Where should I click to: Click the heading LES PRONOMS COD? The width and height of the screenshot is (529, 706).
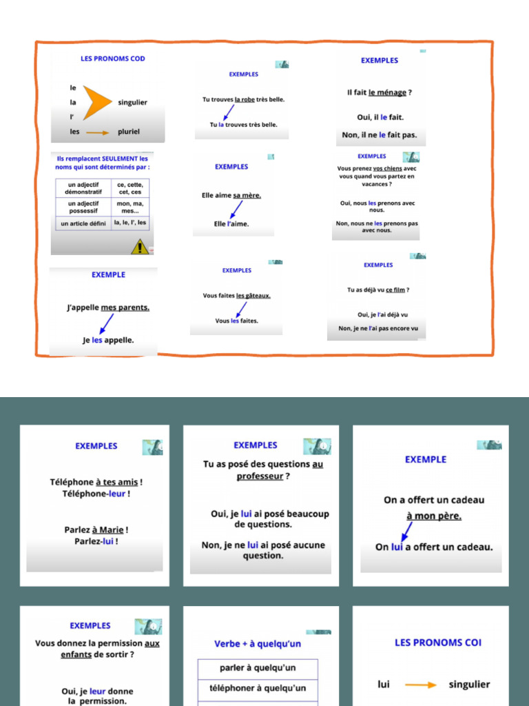[x=113, y=59]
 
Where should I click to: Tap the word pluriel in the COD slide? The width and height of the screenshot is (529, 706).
[x=129, y=132]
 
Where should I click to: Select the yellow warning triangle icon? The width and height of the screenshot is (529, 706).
[x=139, y=246]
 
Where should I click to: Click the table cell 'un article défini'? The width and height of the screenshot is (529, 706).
[x=83, y=223]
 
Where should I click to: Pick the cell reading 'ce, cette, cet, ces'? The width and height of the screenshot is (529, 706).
[x=130, y=188]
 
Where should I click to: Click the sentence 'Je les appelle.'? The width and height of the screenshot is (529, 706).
[x=108, y=339]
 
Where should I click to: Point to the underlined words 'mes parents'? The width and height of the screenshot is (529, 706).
[x=125, y=307]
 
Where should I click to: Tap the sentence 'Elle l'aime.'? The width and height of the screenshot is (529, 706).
[x=231, y=223]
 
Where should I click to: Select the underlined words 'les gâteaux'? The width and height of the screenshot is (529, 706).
[x=253, y=296]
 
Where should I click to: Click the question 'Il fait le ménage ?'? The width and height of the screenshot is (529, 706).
[x=380, y=92]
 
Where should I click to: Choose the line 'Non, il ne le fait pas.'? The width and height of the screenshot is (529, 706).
[x=380, y=134]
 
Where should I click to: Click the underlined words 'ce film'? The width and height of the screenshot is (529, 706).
[x=395, y=290]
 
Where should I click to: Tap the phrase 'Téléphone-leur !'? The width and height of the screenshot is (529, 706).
[x=96, y=494]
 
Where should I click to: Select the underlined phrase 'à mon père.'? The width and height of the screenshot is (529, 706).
[x=434, y=516]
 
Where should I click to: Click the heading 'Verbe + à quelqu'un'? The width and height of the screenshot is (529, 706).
[x=258, y=644]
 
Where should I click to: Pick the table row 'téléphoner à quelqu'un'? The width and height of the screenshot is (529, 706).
[x=258, y=688]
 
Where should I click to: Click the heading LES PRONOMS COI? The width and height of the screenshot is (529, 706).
[x=438, y=643]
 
